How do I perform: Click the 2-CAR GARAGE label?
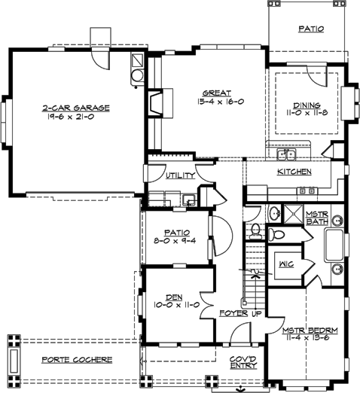click(x=75, y=108)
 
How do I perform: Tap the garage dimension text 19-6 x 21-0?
click(x=75, y=117)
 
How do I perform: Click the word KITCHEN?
click(x=294, y=172)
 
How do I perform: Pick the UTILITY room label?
click(x=180, y=175)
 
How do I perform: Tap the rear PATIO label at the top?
click(x=310, y=29)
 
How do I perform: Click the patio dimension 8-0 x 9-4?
click(x=178, y=242)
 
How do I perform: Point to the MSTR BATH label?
click(x=316, y=218)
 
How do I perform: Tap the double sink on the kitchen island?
click(x=286, y=156)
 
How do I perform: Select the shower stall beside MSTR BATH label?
click(x=291, y=213)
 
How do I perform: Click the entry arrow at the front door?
click(x=239, y=388)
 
